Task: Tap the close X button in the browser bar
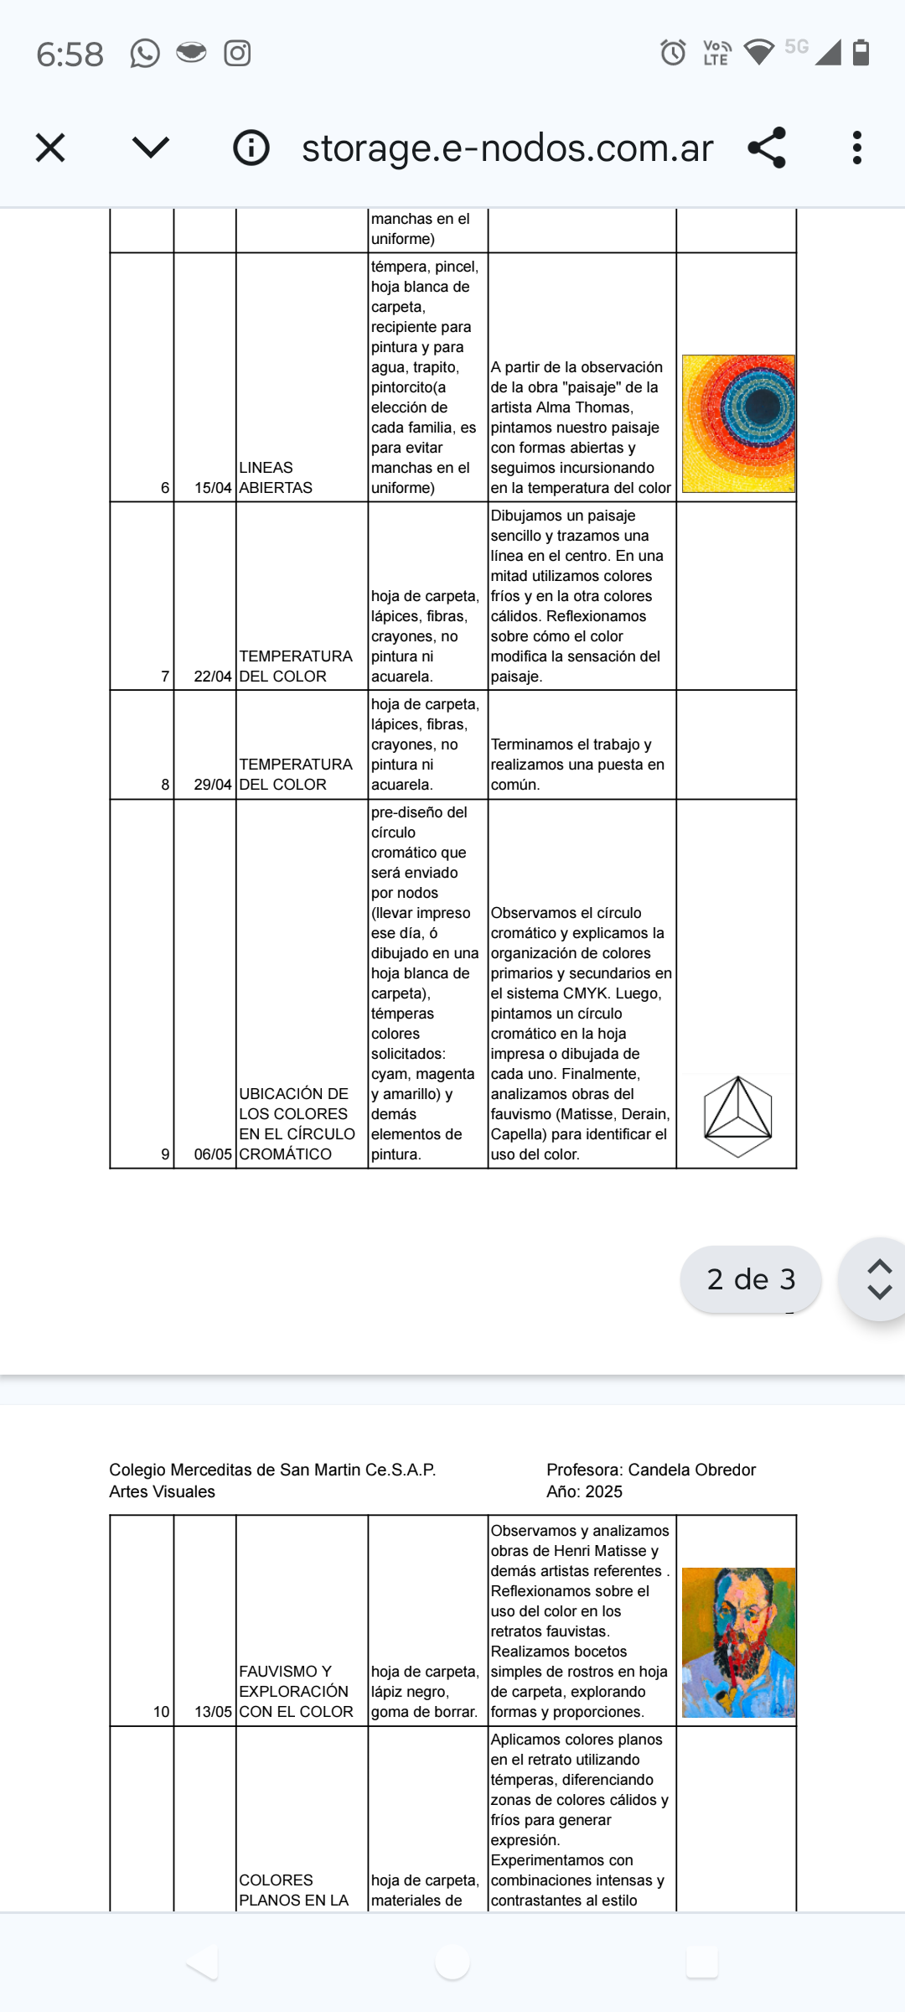click(x=50, y=148)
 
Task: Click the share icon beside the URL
click(x=767, y=148)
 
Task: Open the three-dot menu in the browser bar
click(x=856, y=148)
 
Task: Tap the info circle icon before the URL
click(x=251, y=148)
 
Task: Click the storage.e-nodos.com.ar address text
click(x=507, y=148)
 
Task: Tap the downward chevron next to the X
click(x=151, y=148)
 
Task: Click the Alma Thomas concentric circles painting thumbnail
click(x=738, y=423)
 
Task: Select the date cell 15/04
click(x=213, y=488)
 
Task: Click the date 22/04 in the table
click(x=213, y=677)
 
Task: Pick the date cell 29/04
click(x=213, y=785)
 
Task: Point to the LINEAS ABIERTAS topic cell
click(x=276, y=478)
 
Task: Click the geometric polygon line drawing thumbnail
click(x=737, y=1117)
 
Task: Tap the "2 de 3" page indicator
click(x=751, y=1279)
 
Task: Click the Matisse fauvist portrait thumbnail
click(x=738, y=1642)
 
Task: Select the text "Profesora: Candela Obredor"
click(x=651, y=1470)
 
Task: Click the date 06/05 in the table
click(x=213, y=1154)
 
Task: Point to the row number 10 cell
click(x=161, y=1712)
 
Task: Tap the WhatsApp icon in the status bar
click(x=145, y=54)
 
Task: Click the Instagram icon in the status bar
click(x=237, y=54)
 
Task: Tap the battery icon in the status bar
click(x=861, y=53)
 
